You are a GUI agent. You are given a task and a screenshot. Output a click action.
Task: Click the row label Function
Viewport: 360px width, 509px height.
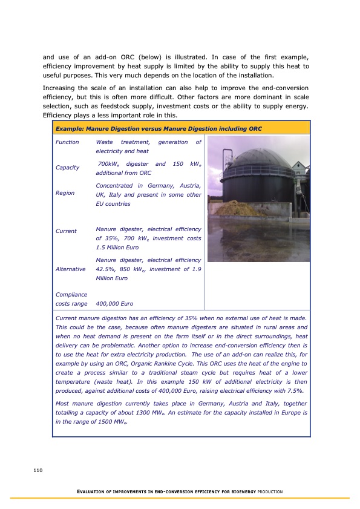67,142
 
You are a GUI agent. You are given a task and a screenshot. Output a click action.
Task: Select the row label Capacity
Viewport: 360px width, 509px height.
67,168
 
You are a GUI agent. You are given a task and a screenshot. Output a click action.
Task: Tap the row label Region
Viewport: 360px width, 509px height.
65,193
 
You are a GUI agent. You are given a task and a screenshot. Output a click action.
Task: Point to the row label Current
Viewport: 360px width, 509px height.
66,231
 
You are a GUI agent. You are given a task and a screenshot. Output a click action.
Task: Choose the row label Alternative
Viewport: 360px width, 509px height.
70,269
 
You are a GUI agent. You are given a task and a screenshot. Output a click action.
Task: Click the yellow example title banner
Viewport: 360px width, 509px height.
181,128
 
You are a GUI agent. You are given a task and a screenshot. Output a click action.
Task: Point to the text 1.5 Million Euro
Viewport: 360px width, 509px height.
117,248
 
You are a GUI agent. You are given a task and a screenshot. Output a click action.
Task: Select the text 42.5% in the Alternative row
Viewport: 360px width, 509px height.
106,269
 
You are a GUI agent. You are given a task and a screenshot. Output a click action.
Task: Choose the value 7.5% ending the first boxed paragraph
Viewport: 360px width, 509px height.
292,391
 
